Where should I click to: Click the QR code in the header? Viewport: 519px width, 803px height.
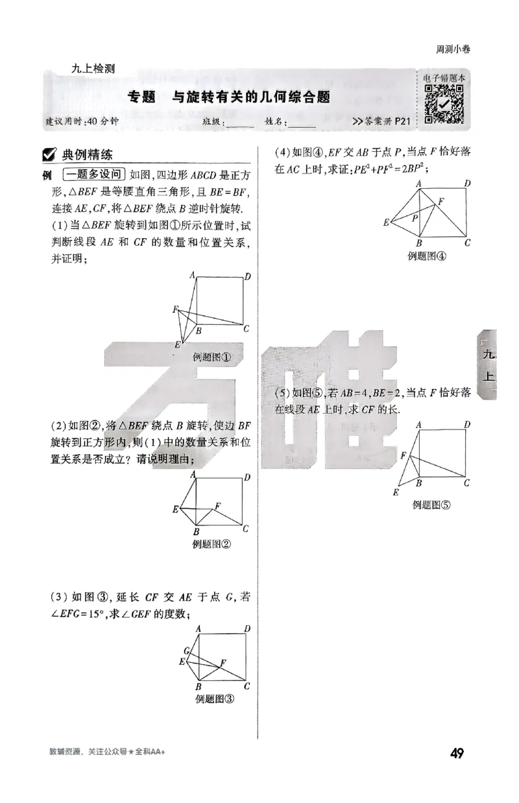click(x=444, y=104)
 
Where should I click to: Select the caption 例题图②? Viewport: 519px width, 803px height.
click(x=212, y=544)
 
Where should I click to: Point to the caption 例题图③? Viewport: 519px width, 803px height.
click(x=214, y=699)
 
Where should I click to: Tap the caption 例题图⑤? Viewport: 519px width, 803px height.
click(x=431, y=505)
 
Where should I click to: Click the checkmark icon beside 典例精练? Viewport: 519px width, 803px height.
click(x=47, y=155)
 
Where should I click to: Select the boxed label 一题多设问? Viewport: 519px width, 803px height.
click(x=93, y=174)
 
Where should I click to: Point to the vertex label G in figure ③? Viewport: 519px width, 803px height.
click(x=186, y=651)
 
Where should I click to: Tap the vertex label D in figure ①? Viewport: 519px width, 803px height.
click(x=247, y=277)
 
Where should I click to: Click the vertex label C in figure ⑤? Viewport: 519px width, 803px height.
click(x=466, y=483)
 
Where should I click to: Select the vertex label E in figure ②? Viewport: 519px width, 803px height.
click(x=175, y=510)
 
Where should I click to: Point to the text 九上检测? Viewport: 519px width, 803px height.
click(x=94, y=69)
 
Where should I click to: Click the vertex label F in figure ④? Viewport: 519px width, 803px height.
click(x=441, y=201)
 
